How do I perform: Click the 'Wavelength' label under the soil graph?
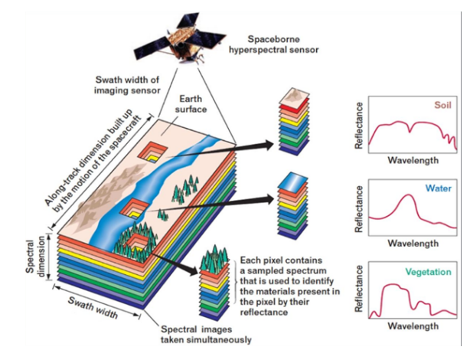413,161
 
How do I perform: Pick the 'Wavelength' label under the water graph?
413,244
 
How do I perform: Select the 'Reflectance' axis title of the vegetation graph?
358,292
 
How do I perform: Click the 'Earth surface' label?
192,105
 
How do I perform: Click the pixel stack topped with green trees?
216,287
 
